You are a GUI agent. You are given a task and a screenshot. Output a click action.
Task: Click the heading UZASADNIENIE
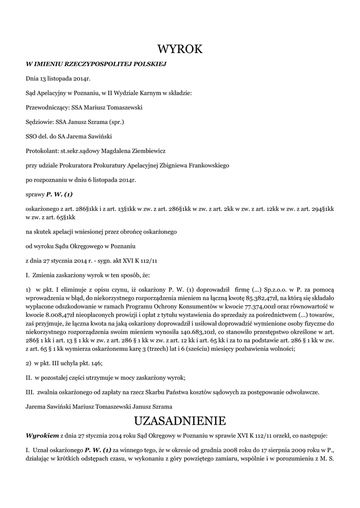[x=180, y=421]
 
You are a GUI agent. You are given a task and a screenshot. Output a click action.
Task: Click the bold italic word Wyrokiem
[x=42, y=435]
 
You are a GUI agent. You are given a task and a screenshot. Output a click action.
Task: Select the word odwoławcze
[x=301, y=392]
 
